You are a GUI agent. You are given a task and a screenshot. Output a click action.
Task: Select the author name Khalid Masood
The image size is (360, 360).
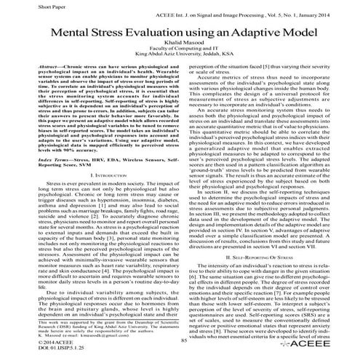[x=179, y=45]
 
